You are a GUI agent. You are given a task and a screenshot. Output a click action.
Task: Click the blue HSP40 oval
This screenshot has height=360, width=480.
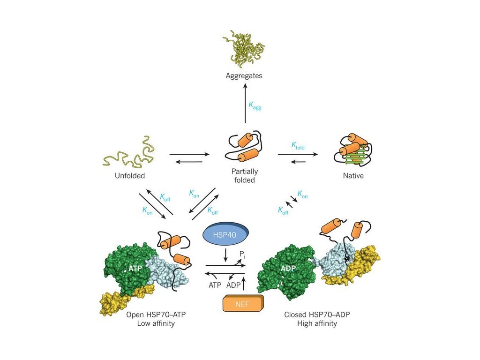click(225, 234)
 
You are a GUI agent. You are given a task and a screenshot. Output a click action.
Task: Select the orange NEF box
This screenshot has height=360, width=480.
click(243, 304)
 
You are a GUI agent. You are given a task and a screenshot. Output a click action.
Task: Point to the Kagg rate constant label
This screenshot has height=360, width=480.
click(255, 107)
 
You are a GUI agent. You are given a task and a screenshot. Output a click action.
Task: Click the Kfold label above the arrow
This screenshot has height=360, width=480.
click(298, 146)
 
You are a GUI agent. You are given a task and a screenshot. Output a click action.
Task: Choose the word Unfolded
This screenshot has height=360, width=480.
click(130, 176)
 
